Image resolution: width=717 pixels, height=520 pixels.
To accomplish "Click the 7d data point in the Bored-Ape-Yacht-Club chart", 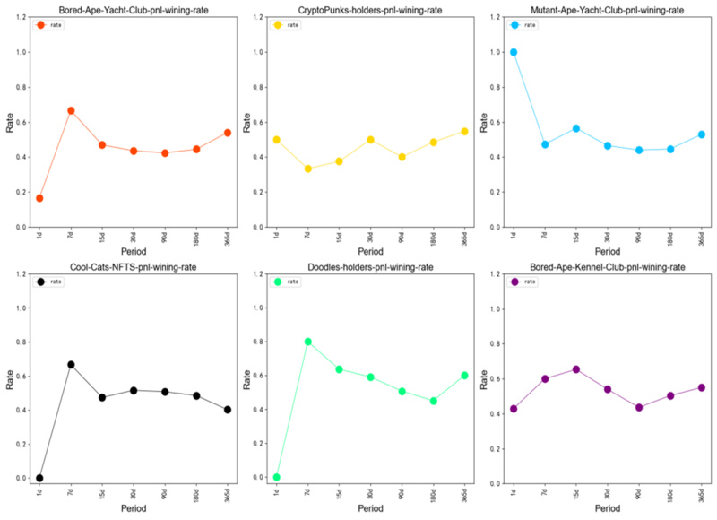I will (71, 110).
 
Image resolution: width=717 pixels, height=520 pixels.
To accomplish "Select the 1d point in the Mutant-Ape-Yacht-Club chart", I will (514, 52).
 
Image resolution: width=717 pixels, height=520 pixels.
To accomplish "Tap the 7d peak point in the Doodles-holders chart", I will (308, 342).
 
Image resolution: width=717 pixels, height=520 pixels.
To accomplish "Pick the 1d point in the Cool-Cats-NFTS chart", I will (39, 478).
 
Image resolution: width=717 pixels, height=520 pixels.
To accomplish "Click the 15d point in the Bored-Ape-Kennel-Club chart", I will (576, 369).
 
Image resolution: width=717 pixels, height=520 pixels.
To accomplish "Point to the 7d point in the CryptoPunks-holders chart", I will (308, 169).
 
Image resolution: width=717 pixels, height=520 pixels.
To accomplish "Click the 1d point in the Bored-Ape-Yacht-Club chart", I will (39, 198).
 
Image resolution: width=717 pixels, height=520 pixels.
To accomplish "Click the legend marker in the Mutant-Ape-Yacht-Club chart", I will (514, 25).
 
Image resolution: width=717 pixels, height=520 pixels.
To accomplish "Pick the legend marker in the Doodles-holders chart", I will (278, 282).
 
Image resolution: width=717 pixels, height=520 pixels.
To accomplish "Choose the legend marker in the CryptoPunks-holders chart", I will (278, 25).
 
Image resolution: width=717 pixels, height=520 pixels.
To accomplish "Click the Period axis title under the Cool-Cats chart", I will (133, 508).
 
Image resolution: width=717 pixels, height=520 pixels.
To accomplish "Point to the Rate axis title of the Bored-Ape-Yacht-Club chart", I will (10, 123).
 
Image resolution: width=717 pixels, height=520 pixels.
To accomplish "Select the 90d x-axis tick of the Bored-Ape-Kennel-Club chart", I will (637, 498).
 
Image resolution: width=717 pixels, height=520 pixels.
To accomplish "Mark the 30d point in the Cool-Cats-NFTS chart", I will (134, 391).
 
